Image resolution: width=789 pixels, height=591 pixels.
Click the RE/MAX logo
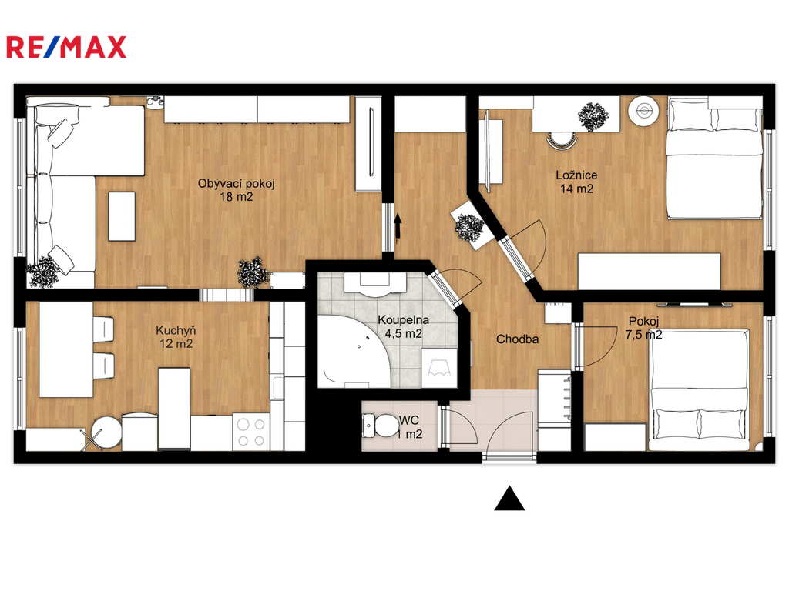pos(66,47)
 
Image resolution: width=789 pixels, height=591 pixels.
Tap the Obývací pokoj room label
pos(236,190)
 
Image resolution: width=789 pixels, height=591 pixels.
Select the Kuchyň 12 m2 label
pos(176,337)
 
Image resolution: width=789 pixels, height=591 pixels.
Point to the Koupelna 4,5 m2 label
pos(403,326)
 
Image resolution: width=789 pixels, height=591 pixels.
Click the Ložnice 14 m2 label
pos(576,182)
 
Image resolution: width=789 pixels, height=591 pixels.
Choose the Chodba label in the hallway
pos(517,339)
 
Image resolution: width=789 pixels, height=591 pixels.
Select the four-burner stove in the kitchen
pos(251,432)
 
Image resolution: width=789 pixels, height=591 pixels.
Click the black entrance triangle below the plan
pos(509,499)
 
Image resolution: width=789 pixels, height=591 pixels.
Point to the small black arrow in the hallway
pos(398,225)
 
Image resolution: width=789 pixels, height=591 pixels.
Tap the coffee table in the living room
pos(122,216)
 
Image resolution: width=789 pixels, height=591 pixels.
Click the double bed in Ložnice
pos(714,159)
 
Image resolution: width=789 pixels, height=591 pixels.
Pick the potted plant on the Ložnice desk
pos(593,117)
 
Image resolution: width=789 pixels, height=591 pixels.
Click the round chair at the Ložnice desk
pos(562,140)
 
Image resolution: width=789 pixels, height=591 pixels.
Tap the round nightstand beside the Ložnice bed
pos(644,111)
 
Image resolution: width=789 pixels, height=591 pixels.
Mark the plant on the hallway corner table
pos(469,228)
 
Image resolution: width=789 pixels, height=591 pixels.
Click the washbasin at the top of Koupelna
pos(375,282)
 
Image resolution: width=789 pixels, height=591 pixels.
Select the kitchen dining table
pos(66,349)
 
